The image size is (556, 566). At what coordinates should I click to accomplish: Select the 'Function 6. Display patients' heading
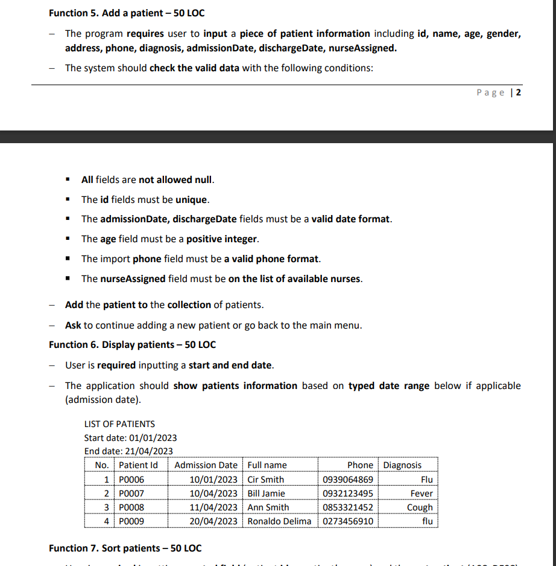132,345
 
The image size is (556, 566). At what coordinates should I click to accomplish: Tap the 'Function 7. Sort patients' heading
125,548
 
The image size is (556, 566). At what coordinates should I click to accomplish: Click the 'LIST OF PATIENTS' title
119,424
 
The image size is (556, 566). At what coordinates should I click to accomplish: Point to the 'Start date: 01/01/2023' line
130,438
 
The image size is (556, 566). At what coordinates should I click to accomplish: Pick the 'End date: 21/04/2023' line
128,451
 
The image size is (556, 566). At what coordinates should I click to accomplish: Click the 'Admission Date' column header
206,465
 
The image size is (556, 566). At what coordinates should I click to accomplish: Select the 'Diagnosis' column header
402,465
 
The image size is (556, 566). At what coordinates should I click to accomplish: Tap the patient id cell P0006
131,480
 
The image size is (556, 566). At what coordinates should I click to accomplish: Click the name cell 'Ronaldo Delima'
279,521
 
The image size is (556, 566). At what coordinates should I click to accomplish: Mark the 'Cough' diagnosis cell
420,507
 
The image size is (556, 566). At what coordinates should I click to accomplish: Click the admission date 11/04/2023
213,507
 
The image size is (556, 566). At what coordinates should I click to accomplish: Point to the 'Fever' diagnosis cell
421,494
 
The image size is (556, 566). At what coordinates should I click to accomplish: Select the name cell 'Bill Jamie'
267,494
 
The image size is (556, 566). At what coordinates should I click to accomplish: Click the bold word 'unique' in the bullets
192,199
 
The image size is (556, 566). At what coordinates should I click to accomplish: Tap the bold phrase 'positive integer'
222,239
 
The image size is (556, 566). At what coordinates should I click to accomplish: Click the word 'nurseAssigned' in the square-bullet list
132,279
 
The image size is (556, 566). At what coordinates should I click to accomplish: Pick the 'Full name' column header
267,465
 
